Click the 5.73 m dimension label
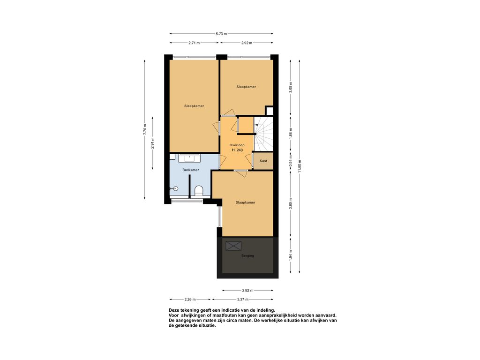[221, 34]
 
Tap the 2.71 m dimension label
[194, 43]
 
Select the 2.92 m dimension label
[247, 43]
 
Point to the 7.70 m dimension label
[145, 129]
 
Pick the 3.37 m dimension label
[243, 300]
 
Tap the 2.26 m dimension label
[190, 300]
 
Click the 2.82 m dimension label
[247, 290]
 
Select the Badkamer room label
[191, 170]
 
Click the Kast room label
[263, 161]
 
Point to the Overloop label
[237, 145]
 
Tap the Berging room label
[247, 255]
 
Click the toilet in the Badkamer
[199, 190]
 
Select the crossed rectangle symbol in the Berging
[233, 246]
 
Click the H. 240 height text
[237, 150]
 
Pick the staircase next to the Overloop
[263, 134]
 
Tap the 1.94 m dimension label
[291, 255]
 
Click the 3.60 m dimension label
[291, 203]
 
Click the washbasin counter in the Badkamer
[190, 158]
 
